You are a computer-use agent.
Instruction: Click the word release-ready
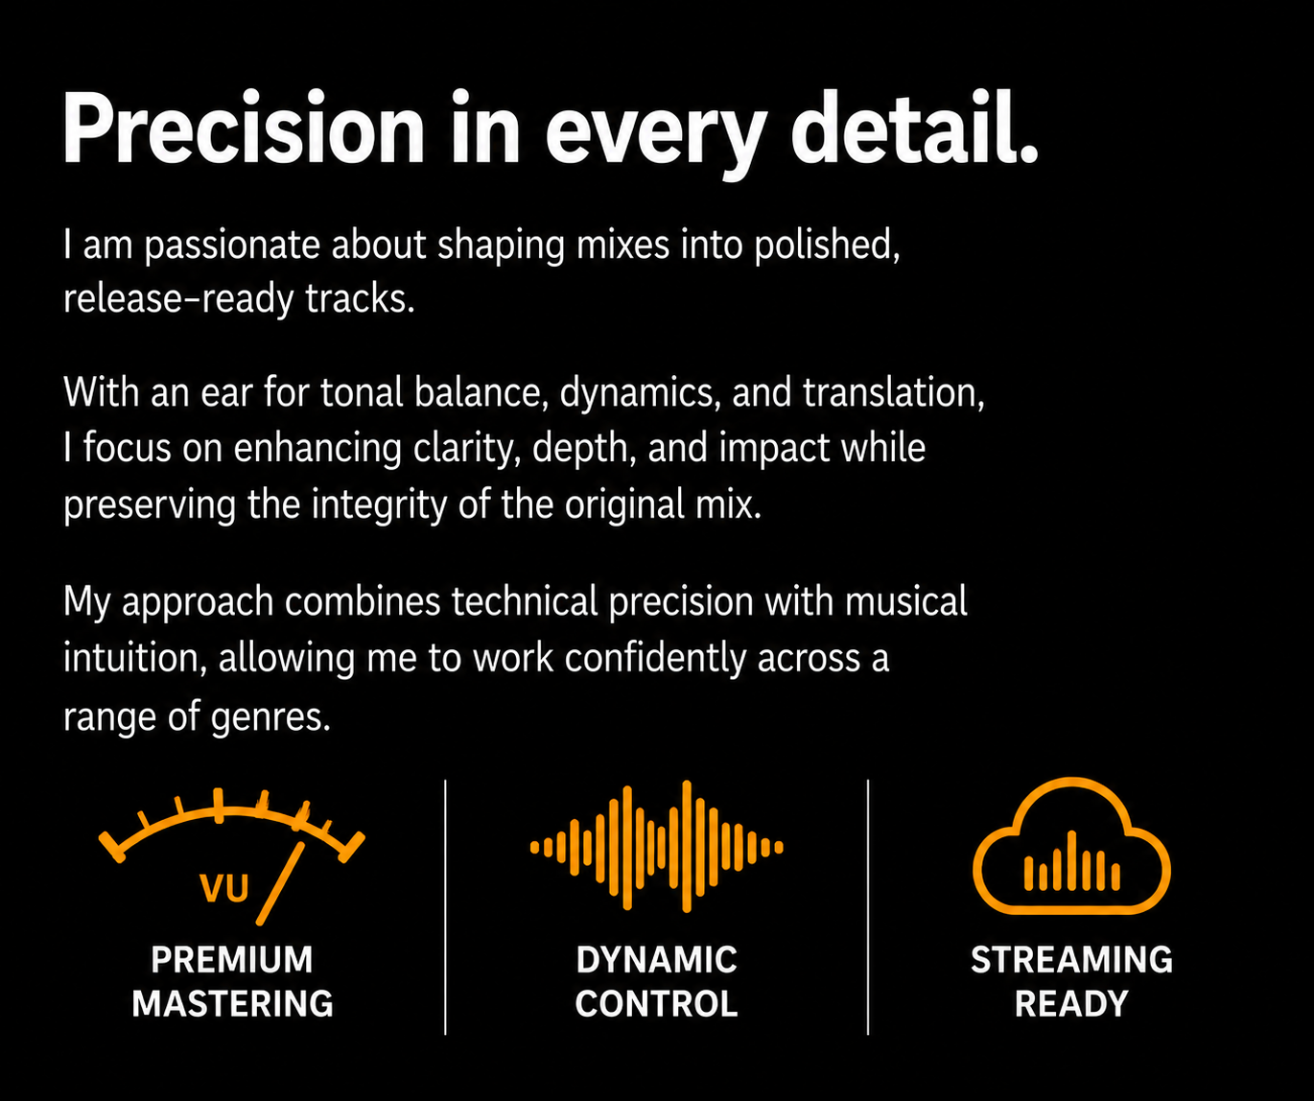click(x=178, y=299)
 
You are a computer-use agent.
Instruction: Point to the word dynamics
click(x=640, y=394)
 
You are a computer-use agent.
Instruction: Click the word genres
click(x=270, y=717)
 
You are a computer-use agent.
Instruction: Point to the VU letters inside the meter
click(x=224, y=888)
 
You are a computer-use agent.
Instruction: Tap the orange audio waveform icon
click(x=656, y=846)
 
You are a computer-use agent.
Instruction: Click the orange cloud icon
click(x=1071, y=845)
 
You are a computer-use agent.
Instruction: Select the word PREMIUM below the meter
click(x=231, y=960)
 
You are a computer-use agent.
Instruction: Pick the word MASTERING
click(x=233, y=1003)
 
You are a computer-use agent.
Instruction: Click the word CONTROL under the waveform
click(x=656, y=1003)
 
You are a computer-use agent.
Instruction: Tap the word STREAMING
click(x=1071, y=960)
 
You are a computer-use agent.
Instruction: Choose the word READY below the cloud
click(x=1071, y=1003)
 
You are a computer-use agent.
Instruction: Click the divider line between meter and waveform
click(x=445, y=907)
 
